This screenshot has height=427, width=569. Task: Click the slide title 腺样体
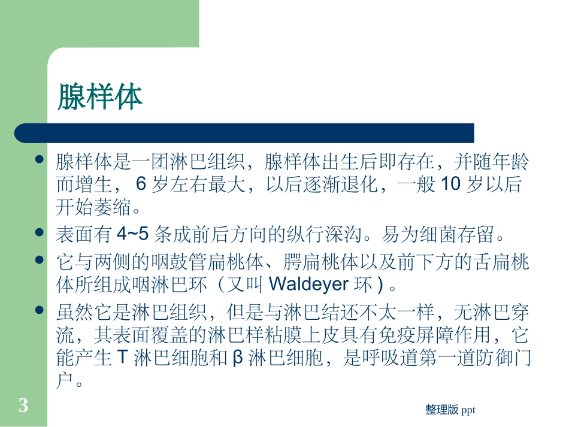coord(100,97)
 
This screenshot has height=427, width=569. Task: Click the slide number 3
coord(23,406)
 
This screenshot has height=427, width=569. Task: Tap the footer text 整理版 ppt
coord(450,410)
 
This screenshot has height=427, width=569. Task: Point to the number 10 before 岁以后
coord(450,184)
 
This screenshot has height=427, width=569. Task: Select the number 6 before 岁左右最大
coord(141,184)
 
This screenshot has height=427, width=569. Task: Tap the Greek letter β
coord(237,358)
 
